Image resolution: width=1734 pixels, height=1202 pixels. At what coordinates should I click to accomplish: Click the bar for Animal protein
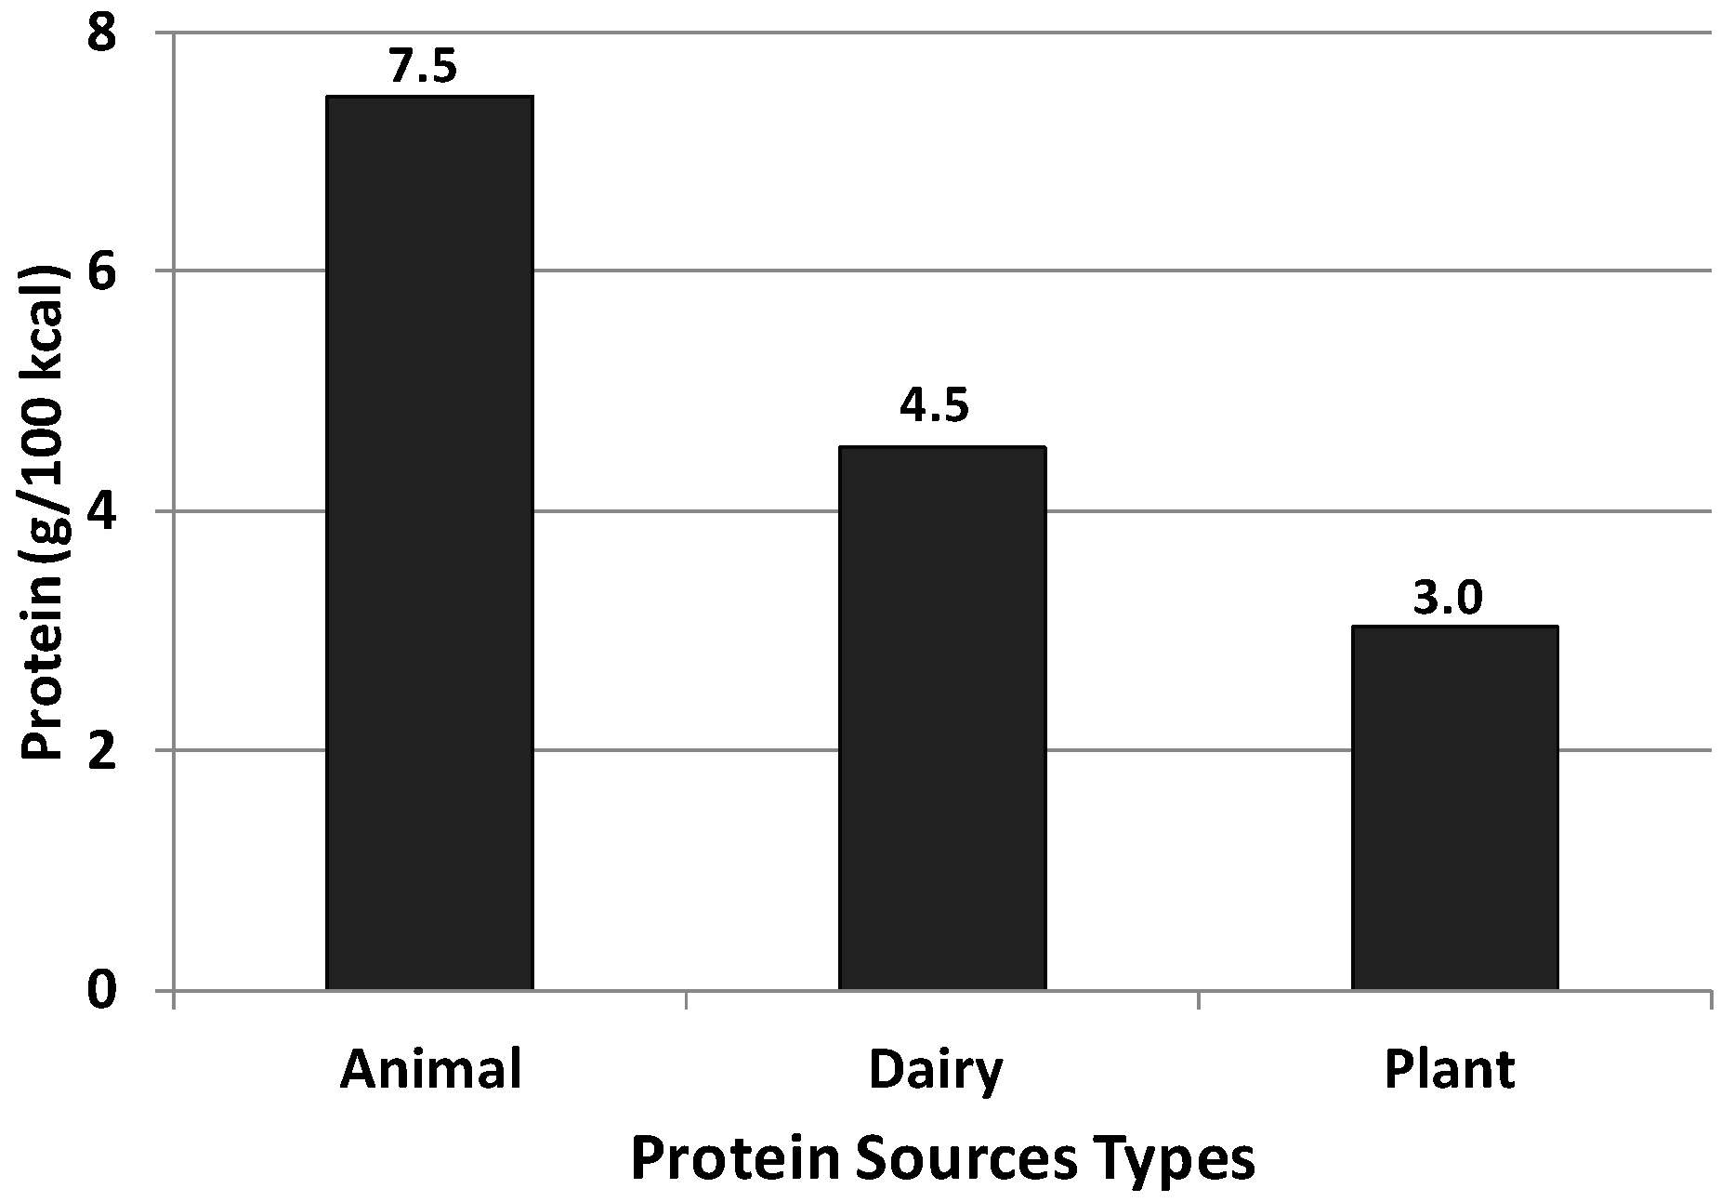[x=429, y=543]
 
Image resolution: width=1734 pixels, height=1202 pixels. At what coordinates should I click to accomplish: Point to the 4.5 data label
[x=934, y=406]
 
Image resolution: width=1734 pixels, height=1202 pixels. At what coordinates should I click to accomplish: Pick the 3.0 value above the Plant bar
[x=1448, y=599]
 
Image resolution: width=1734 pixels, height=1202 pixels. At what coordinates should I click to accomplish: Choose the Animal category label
[x=430, y=1070]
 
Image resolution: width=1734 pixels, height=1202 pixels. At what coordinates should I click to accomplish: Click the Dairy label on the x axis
[x=936, y=1072]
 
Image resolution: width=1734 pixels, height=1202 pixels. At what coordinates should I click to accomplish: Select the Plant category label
[x=1450, y=1070]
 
